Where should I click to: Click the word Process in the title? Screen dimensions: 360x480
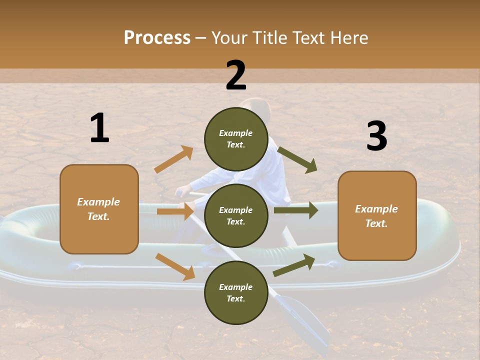tap(157, 38)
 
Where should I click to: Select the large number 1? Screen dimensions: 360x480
tap(99, 128)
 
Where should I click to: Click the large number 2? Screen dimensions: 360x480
tap(236, 76)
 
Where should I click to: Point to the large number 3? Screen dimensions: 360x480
tap(376, 136)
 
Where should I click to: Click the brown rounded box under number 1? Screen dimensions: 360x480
tap(99, 209)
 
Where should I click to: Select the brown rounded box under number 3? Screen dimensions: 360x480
tap(377, 216)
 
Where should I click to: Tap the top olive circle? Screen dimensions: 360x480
tap(236, 139)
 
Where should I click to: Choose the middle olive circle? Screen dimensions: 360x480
tap(236, 215)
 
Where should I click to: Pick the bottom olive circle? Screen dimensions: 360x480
tap(236, 292)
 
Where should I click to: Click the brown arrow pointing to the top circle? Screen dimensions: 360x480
tap(173, 159)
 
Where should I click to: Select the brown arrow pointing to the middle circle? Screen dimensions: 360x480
tap(175, 211)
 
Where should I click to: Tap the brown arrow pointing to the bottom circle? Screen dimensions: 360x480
tap(175, 266)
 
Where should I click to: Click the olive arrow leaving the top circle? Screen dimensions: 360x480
tap(297, 159)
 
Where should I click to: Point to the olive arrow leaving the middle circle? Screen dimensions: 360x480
tap(296, 210)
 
